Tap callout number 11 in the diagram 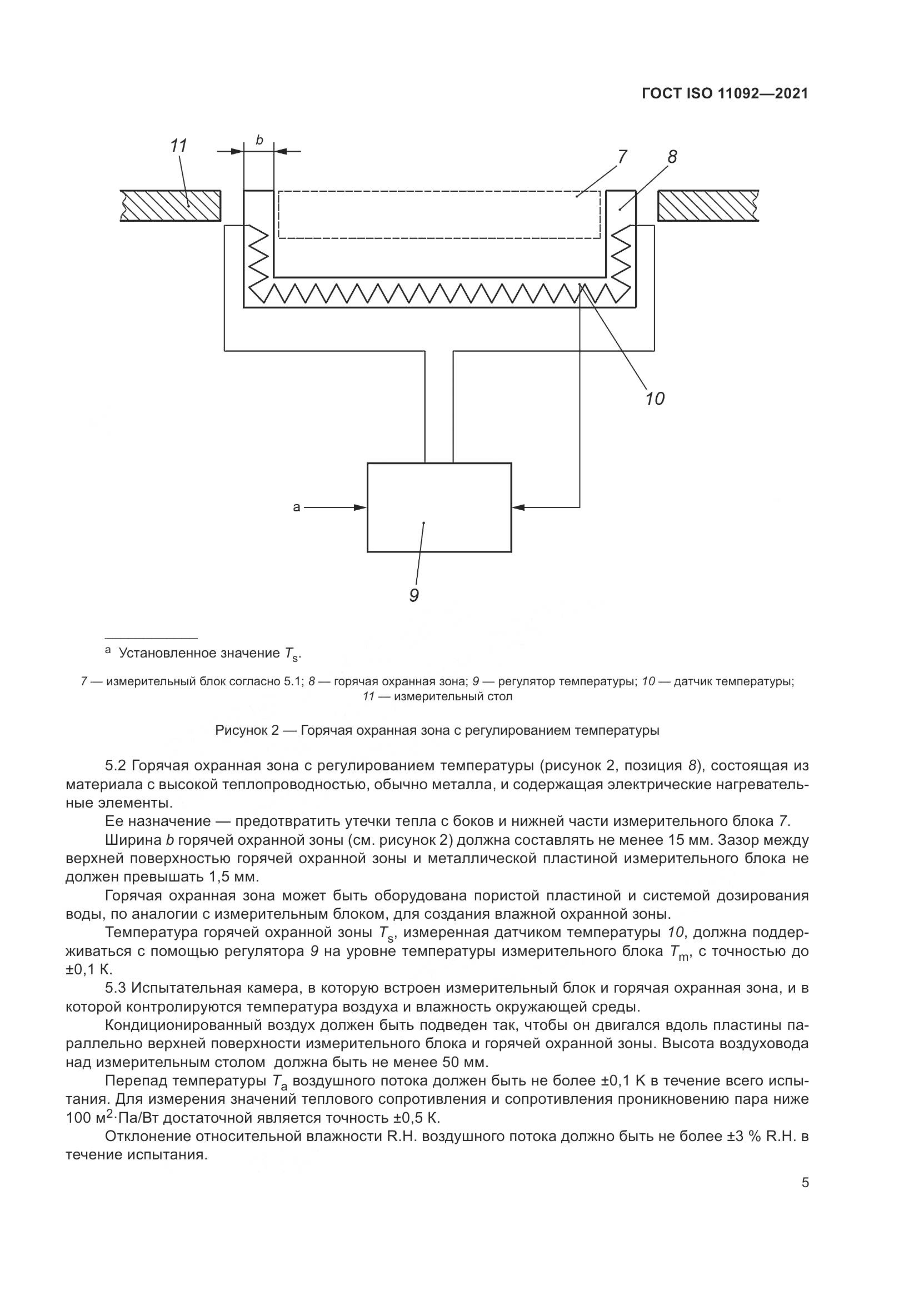(x=179, y=146)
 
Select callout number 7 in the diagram (x=622, y=156)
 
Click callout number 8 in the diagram (x=672, y=157)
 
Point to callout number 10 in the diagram (x=655, y=399)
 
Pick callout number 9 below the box (x=414, y=596)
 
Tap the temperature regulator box (x=439, y=507)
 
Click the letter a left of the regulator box (x=297, y=507)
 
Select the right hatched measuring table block (x=707, y=205)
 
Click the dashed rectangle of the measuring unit (x=439, y=215)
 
